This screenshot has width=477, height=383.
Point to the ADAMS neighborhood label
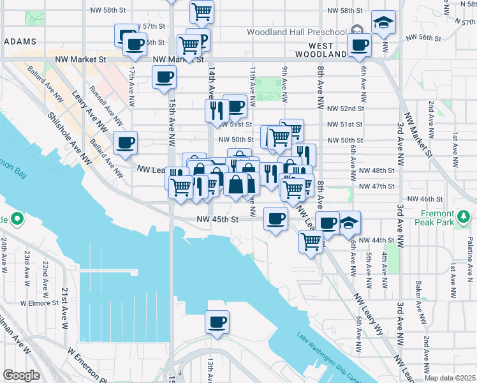[20, 41]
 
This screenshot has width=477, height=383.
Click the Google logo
[21, 375]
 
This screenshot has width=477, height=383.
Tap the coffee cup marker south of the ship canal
[217, 321]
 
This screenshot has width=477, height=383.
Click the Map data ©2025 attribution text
[449, 377]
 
